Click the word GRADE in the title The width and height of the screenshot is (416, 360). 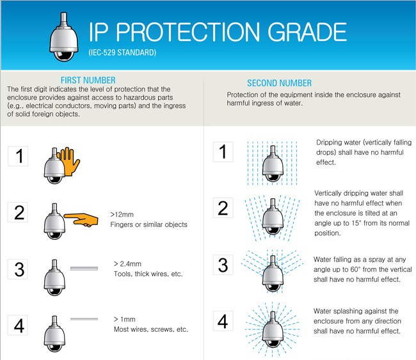(x=307, y=32)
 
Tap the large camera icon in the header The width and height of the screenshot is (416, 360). (x=63, y=36)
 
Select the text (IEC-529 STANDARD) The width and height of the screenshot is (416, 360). (x=122, y=52)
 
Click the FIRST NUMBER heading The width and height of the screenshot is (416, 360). (x=88, y=80)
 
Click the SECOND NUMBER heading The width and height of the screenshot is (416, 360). (x=280, y=83)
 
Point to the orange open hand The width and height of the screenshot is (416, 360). (x=70, y=161)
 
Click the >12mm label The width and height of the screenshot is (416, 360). (x=122, y=214)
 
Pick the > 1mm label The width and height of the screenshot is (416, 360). (x=124, y=319)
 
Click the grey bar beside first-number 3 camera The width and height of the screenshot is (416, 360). (x=84, y=269)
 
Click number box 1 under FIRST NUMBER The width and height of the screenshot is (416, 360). (x=18, y=156)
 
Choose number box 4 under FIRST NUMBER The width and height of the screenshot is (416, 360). (x=18, y=325)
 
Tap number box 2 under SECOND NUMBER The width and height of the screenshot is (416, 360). (x=223, y=208)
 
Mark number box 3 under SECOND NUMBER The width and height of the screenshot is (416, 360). (x=223, y=265)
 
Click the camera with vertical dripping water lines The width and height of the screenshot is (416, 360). (x=273, y=164)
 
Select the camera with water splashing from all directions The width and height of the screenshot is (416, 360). (x=273, y=329)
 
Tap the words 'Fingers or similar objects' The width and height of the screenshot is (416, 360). (x=148, y=224)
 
